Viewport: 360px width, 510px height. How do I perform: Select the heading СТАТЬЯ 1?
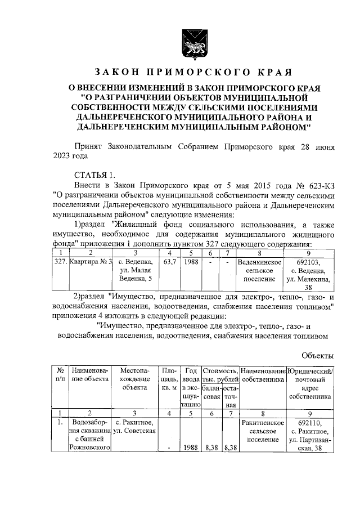[x=94, y=174]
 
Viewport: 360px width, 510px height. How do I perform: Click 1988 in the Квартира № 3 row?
[x=191, y=262]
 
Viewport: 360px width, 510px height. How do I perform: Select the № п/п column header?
[x=60, y=375]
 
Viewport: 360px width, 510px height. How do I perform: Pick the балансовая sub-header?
[x=211, y=392]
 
